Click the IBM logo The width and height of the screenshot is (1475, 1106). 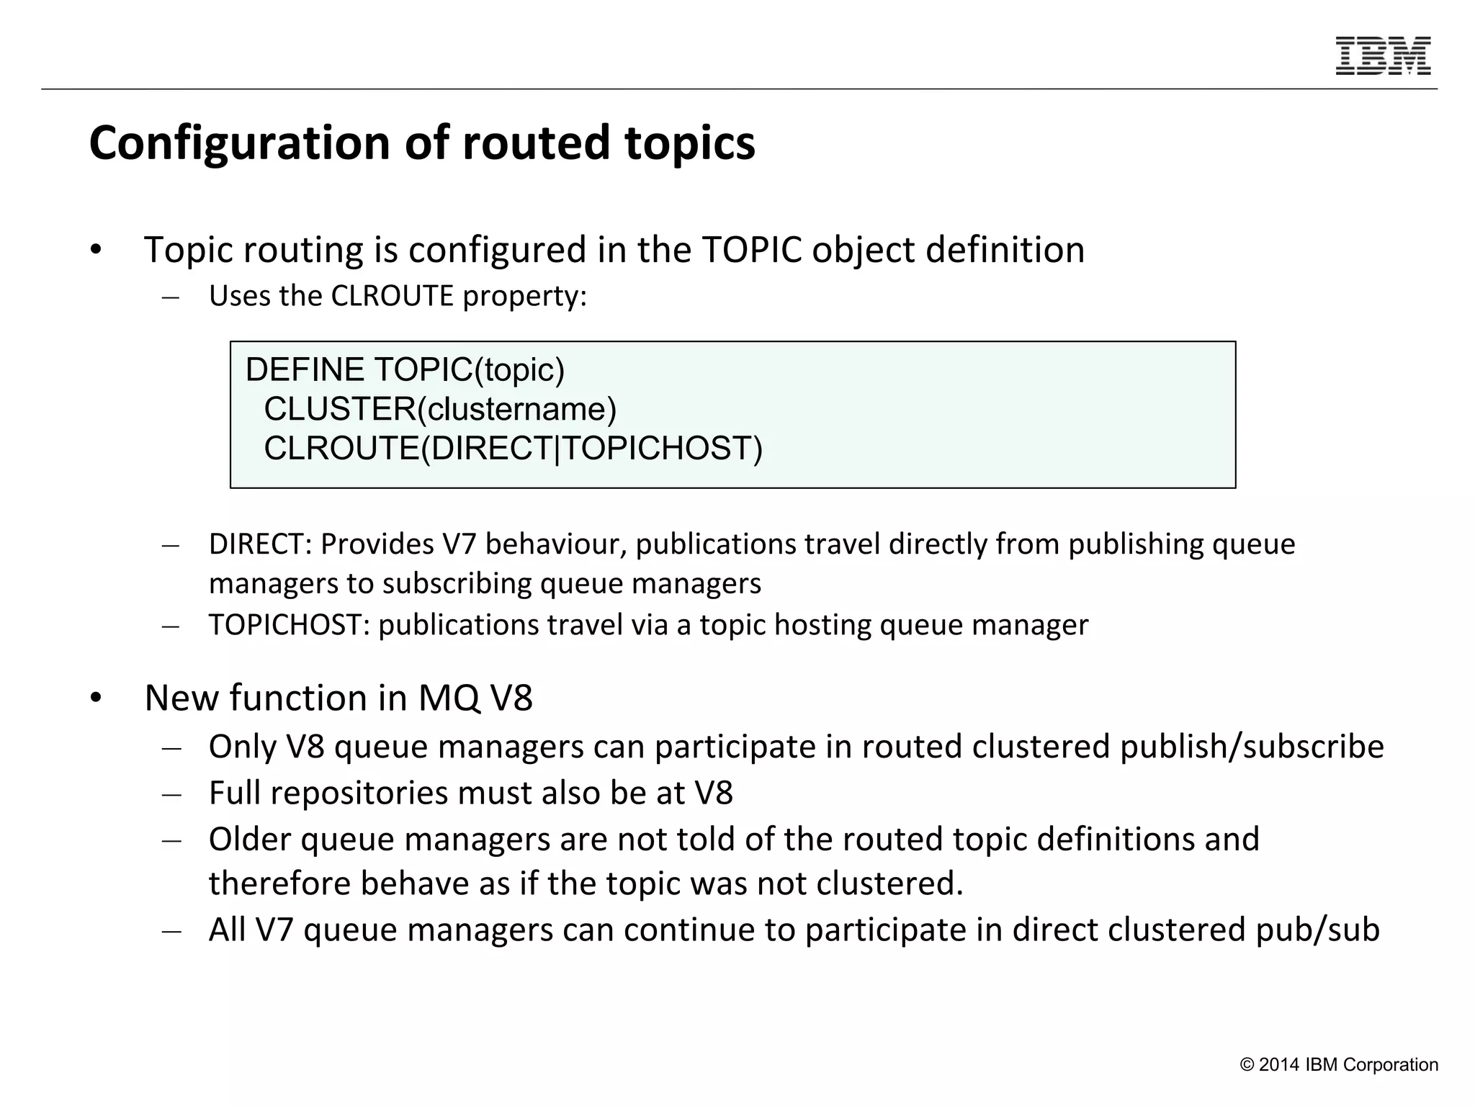pos(1383,55)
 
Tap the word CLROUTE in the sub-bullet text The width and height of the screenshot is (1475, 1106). pos(392,296)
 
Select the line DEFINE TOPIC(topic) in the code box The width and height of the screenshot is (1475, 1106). pos(405,370)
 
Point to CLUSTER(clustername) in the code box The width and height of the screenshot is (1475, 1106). pos(440,409)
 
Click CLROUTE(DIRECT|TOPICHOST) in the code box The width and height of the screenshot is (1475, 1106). pos(513,448)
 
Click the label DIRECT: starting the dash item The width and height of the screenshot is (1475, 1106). pos(260,544)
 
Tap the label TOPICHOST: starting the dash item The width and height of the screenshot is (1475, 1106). pos(289,624)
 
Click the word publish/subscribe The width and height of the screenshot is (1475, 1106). pos(1252,747)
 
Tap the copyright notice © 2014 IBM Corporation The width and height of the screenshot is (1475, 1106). pos(1339,1065)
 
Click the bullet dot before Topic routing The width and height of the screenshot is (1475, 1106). pos(97,251)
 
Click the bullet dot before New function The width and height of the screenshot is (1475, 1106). pos(97,698)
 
